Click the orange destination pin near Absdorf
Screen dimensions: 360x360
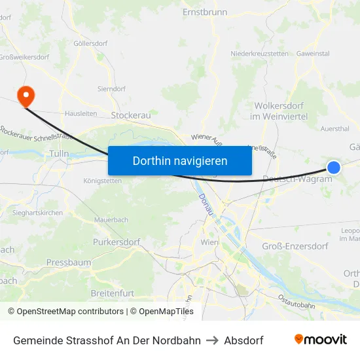[x=26, y=97]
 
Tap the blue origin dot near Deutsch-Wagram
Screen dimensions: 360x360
[x=334, y=168]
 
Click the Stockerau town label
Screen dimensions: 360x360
[x=131, y=115]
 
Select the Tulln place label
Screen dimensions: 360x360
[x=59, y=154]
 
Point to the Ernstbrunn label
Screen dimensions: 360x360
[x=204, y=12]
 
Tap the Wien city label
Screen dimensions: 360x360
[x=209, y=242]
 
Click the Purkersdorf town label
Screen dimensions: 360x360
[x=117, y=242]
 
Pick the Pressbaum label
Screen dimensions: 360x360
[x=68, y=262]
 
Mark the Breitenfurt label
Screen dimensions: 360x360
[x=116, y=293]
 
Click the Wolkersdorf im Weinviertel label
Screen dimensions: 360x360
[x=279, y=111]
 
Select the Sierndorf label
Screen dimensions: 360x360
[x=111, y=88]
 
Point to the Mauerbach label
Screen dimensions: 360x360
[x=111, y=220]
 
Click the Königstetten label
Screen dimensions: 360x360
[x=103, y=181]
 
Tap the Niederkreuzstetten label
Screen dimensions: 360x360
[x=259, y=54]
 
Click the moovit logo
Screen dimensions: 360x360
[x=321, y=340]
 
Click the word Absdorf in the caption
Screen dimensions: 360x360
[x=243, y=340]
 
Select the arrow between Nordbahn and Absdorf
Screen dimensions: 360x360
[x=212, y=340]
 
